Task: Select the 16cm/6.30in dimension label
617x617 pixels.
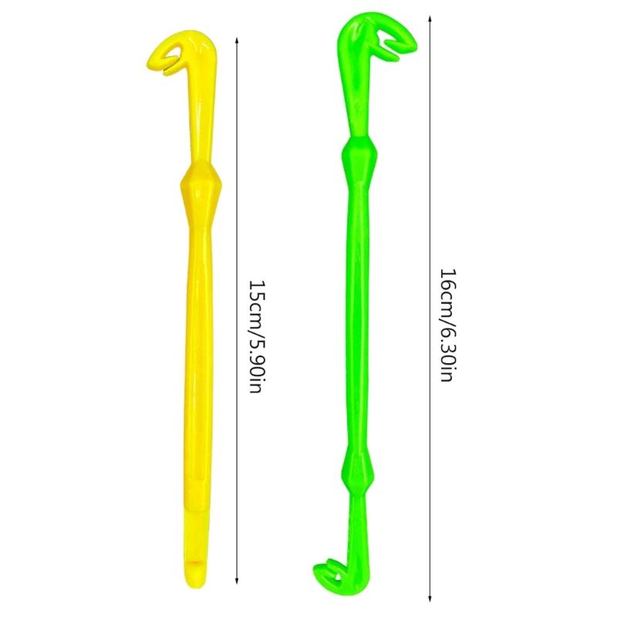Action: click(448, 325)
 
